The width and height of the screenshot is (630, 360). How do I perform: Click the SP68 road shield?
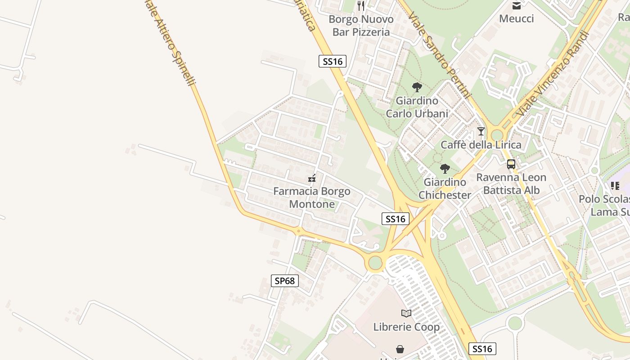point(285,281)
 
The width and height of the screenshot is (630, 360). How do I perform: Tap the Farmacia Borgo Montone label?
point(312,198)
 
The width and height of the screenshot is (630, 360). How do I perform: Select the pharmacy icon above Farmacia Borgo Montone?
point(312,178)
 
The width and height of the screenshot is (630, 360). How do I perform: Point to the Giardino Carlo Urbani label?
point(417,107)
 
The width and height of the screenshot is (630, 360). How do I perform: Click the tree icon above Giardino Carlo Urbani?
point(417,87)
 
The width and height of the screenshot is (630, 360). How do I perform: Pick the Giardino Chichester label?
point(445,189)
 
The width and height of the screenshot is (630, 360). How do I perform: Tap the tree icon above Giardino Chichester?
point(445,169)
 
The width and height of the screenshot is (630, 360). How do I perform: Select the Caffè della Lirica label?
point(481,144)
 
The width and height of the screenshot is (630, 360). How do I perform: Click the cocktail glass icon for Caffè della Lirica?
point(481,131)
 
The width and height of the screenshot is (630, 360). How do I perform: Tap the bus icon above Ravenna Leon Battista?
point(511,164)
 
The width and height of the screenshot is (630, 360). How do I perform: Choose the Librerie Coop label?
point(406,327)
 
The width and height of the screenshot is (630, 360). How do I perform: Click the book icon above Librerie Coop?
point(406,313)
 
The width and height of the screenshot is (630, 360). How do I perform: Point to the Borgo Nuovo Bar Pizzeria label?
point(361,26)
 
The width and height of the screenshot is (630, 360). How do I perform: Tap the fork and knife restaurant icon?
point(360,5)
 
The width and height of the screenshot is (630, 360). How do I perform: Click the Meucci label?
point(517,18)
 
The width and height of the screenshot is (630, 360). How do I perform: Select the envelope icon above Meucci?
point(517,5)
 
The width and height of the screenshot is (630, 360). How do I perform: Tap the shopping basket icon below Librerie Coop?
point(400,349)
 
